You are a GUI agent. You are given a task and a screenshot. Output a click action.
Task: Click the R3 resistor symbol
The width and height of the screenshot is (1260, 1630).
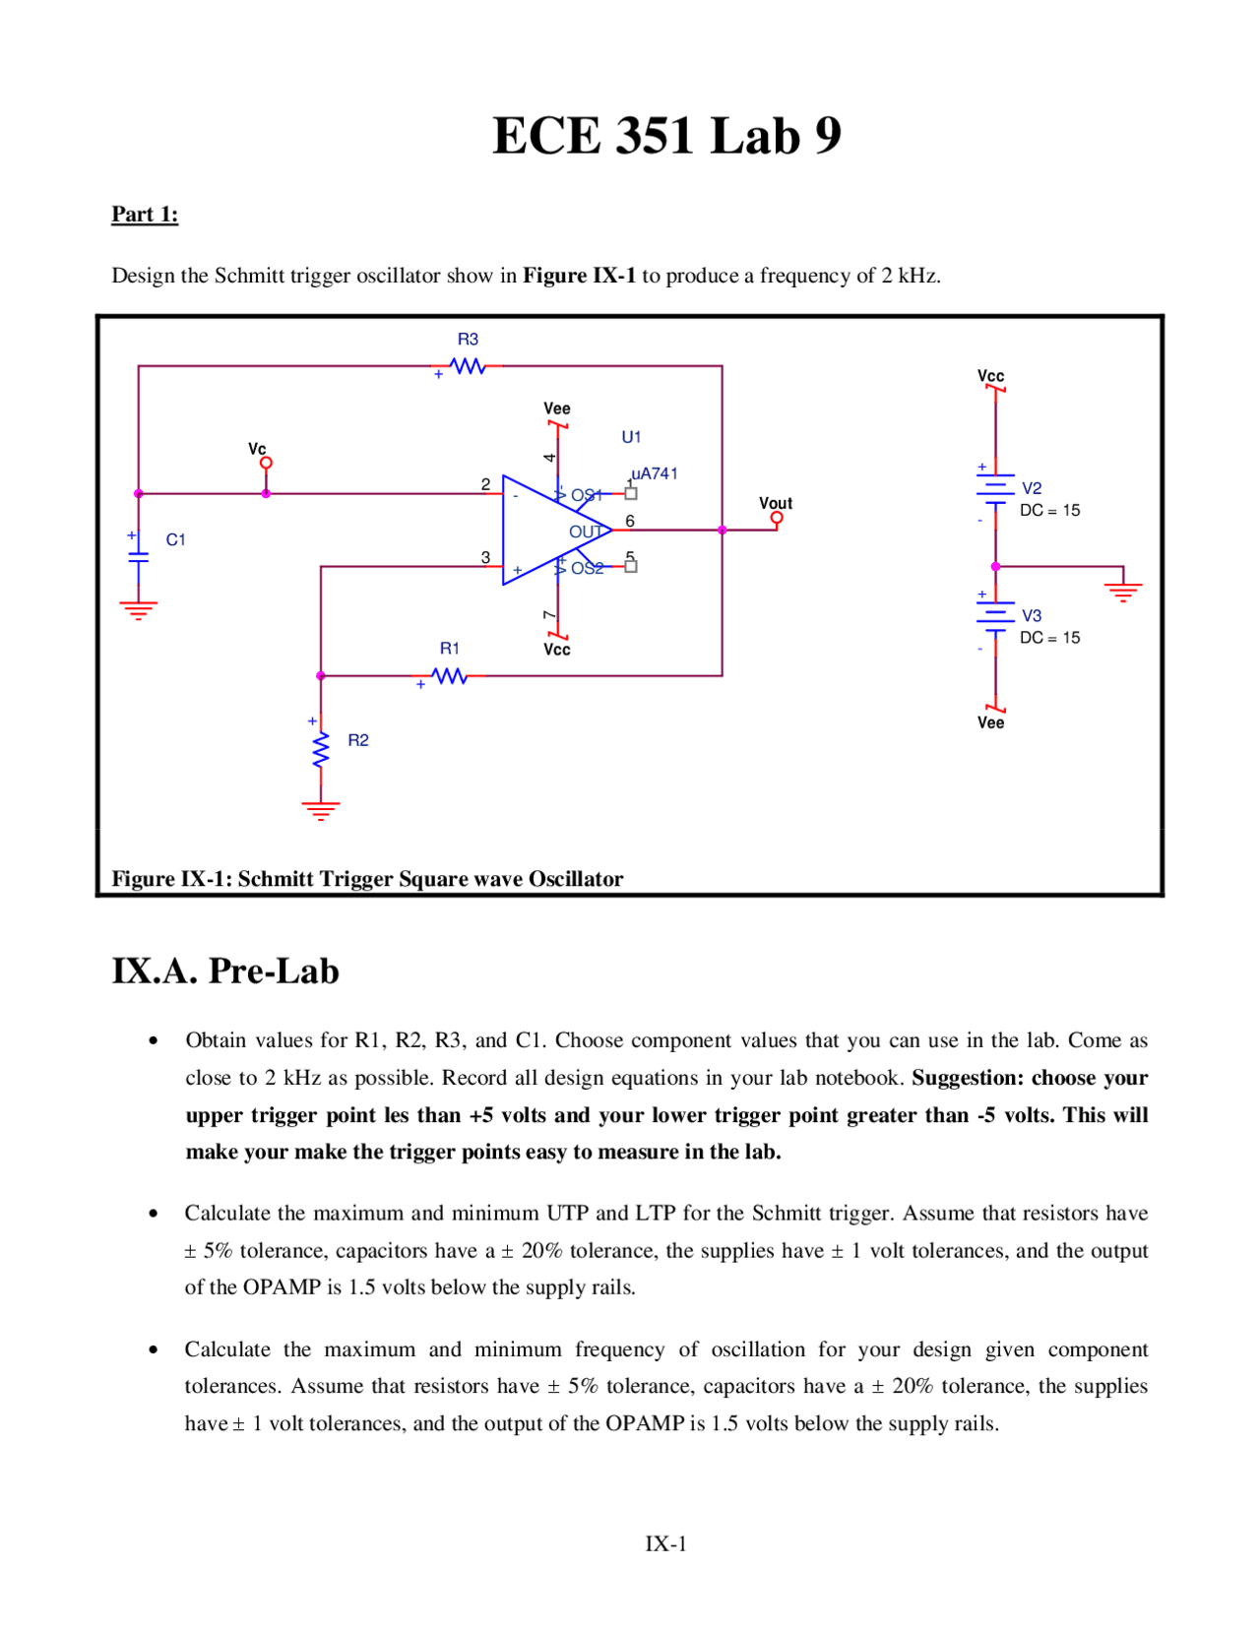point(468,366)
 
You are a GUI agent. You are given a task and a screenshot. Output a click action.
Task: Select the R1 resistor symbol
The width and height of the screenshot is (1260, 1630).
point(450,676)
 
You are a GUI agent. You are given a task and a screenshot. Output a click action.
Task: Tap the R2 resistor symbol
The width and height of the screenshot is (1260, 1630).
point(321,749)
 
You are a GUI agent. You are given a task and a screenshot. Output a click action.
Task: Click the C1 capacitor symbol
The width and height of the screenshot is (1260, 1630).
point(139,557)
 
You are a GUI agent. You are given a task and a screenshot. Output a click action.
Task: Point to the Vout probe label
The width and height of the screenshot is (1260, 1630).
point(776,503)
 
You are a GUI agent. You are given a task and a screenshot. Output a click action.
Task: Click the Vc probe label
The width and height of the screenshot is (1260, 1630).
point(257,449)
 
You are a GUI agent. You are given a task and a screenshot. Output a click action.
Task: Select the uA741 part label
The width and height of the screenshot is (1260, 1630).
point(655,473)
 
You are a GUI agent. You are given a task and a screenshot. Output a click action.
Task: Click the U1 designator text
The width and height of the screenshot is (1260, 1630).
point(631,437)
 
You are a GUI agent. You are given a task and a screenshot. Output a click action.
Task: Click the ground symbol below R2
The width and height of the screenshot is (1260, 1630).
point(321,810)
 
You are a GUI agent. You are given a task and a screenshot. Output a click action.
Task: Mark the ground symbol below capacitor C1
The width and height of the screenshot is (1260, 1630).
point(139,609)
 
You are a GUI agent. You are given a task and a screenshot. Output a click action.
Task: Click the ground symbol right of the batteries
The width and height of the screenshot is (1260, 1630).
point(1123,591)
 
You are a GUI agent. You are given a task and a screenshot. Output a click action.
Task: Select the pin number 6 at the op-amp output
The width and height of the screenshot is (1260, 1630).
point(630,521)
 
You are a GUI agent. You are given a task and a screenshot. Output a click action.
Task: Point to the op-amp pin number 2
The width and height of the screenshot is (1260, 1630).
point(485,484)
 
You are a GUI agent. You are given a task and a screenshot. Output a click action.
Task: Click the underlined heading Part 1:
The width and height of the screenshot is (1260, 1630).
point(145,215)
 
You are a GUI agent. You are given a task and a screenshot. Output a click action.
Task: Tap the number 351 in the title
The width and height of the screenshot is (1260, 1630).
point(657,136)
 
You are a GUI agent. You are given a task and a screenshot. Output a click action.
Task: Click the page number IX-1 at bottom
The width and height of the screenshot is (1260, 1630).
point(666,1543)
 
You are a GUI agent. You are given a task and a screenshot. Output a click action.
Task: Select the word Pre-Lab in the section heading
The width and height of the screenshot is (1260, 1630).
point(274,972)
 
